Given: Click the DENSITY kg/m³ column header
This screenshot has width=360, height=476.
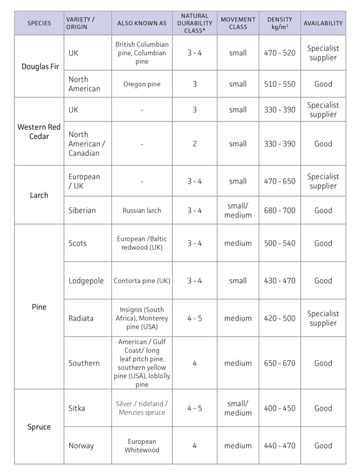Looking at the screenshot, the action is [279, 23].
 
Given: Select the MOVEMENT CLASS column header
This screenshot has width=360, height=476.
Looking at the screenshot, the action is [237, 23].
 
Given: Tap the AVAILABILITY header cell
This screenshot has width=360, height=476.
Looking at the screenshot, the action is [323, 23].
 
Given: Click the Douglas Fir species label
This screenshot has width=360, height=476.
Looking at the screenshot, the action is [39, 66].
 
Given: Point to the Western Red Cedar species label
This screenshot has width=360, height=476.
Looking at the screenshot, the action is [39, 131].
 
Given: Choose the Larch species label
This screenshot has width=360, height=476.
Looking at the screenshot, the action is [39, 195].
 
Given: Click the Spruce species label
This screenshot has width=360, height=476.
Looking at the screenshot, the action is [39, 427].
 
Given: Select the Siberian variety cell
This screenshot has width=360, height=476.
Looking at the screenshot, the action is [82, 211].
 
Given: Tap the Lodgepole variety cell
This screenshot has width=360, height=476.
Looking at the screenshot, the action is [86, 280].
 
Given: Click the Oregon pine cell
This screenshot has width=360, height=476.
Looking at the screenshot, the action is [142, 84].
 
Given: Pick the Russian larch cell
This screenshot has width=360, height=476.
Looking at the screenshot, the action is [142, 211].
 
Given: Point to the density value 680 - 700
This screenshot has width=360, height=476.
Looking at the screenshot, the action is [279, 211].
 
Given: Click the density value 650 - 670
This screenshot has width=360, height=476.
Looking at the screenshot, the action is [279, 363].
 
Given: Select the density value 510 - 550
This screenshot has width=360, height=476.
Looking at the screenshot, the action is [279, 84].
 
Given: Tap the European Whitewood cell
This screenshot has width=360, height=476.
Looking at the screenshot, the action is [142, 446].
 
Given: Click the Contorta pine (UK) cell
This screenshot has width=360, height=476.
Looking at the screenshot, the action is [142, 280].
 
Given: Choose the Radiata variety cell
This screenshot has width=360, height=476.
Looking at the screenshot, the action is [81, 318].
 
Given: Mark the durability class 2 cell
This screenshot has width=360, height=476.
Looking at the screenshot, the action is [195, 144].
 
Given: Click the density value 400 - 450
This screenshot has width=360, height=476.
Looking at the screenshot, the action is [279, 408].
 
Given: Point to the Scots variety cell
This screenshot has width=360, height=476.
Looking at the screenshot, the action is [78, 243].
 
